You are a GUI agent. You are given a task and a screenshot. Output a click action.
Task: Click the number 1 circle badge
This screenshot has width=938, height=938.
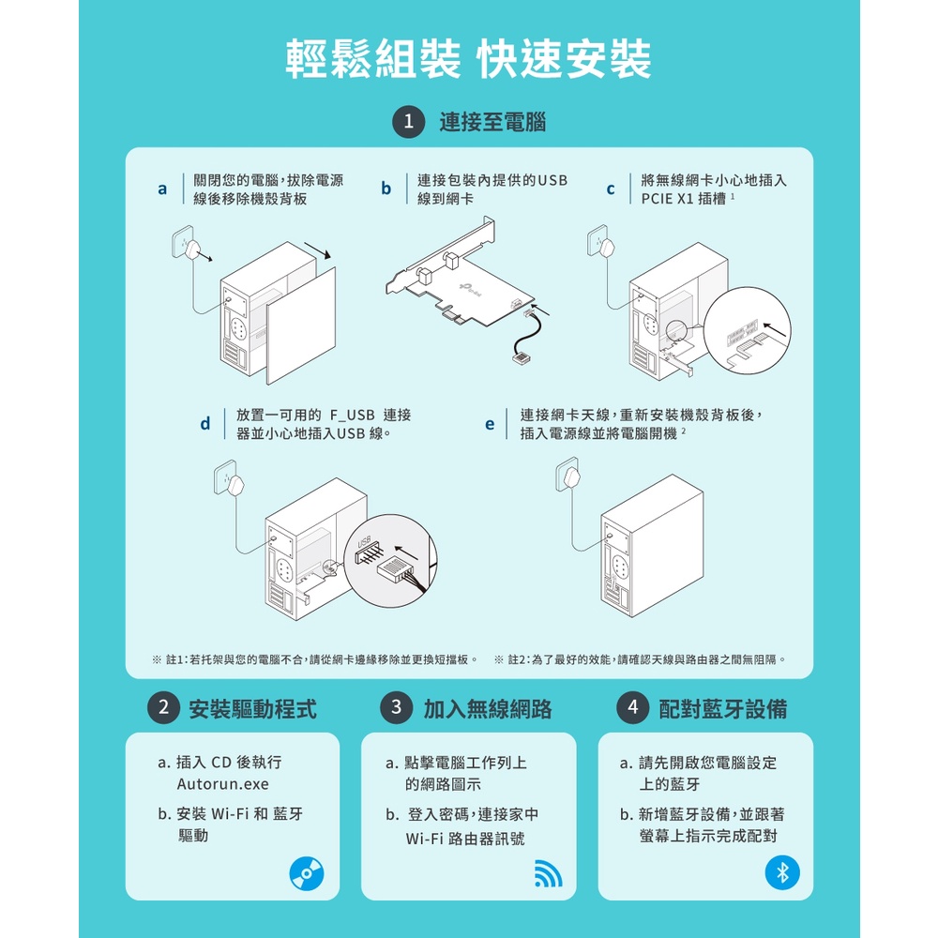click(x=409, y=122)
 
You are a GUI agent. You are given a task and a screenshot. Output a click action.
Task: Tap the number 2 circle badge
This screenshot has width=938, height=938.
click(x=164, y=707)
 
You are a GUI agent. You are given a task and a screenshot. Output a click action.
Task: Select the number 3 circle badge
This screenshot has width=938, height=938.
click(x=397, y=707)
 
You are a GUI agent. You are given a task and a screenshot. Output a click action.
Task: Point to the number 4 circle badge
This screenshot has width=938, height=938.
click(x=633, y=707)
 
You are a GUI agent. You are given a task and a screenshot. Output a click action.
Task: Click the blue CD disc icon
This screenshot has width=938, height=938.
click(x=307, y=873)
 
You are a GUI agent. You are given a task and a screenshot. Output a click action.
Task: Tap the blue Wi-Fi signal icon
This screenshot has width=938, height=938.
click(x=548, y=873)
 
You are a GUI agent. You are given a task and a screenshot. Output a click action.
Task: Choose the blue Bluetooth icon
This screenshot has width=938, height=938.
click(x=782, y=872)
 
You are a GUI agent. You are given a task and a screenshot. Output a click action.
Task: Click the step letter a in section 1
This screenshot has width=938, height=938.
click(x=162, y=189)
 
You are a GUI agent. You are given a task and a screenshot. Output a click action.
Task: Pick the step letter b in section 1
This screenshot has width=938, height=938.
click(x=386, y=189)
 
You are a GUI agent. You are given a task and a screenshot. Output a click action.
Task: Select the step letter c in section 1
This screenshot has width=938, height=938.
click(x=611, y=189)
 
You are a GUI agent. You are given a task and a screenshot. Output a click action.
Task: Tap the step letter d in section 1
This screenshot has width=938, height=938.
click(x=205, y=424)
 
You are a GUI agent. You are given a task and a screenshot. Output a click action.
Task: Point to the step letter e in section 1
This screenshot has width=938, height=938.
click(x=490, y=425)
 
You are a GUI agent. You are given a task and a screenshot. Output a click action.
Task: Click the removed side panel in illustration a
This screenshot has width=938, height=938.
click(x=301, y=326)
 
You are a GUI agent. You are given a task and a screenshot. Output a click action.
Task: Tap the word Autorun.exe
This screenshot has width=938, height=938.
click(x=222, y=783)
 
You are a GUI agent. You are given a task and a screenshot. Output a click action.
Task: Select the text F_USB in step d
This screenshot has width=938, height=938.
click(x=352, y=416)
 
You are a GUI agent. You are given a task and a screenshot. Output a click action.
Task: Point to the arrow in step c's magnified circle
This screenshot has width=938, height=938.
click(x=775, y=329)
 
